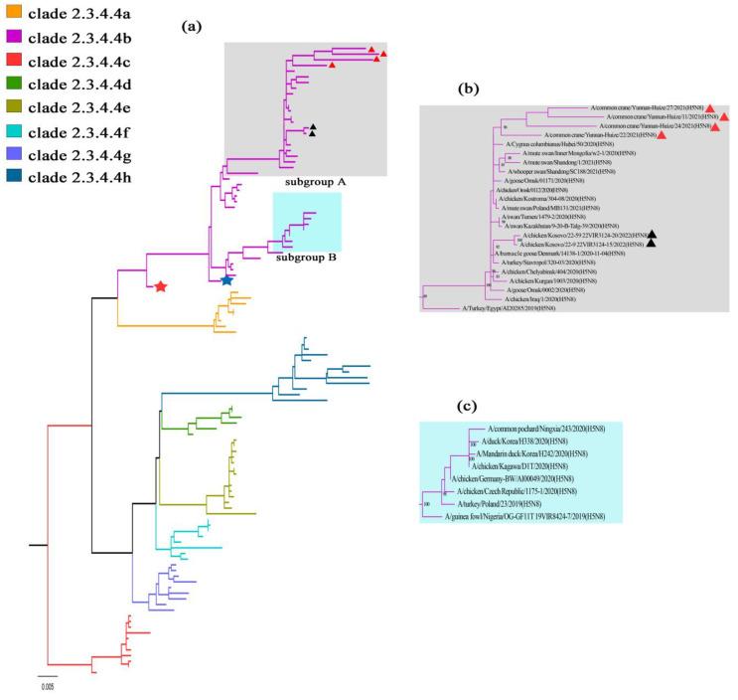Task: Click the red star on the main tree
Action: pos(160,287)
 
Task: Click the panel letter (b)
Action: pos(468,88)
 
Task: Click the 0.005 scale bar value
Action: pos(48,686)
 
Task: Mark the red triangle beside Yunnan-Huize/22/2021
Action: pos(661,134)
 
